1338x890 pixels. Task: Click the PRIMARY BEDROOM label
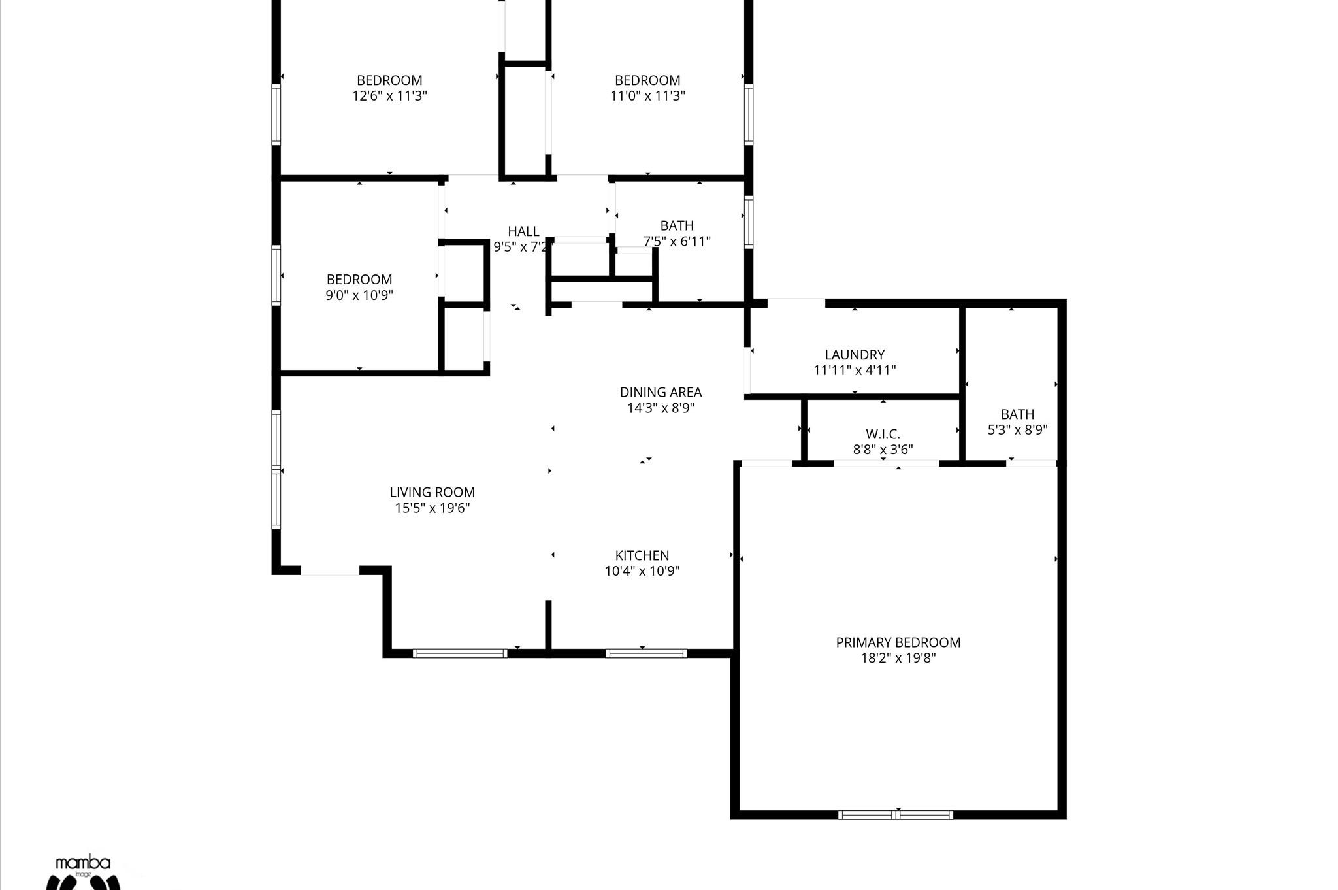click(898, 642)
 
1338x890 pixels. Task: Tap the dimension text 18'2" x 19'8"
click(898, 658)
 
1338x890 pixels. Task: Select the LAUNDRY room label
click(854, 355)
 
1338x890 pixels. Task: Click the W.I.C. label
click(883, 434)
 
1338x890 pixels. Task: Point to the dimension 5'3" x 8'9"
click(1017, 430)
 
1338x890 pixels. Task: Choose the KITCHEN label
click(642, 555)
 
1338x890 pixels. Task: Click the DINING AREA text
click(661, 392)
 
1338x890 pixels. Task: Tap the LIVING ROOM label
click(432, 492)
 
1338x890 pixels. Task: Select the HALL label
click(523, 231)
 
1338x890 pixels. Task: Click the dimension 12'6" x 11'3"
click(389, 96)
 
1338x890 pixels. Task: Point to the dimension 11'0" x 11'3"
click(647, 96)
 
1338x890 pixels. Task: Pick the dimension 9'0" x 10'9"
click(359, 295)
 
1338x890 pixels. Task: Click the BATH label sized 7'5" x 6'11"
click(676, 225)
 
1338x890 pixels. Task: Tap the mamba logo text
click(83, 863)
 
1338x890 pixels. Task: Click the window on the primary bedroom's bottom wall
click(895, 815)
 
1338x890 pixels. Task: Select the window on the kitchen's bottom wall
click(645, 653)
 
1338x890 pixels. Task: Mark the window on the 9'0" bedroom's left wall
click(276, 275)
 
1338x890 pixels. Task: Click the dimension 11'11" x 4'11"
click(854, 371)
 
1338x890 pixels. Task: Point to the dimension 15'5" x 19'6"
click(432, 508)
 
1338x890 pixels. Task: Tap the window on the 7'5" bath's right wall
click(749, 222)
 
